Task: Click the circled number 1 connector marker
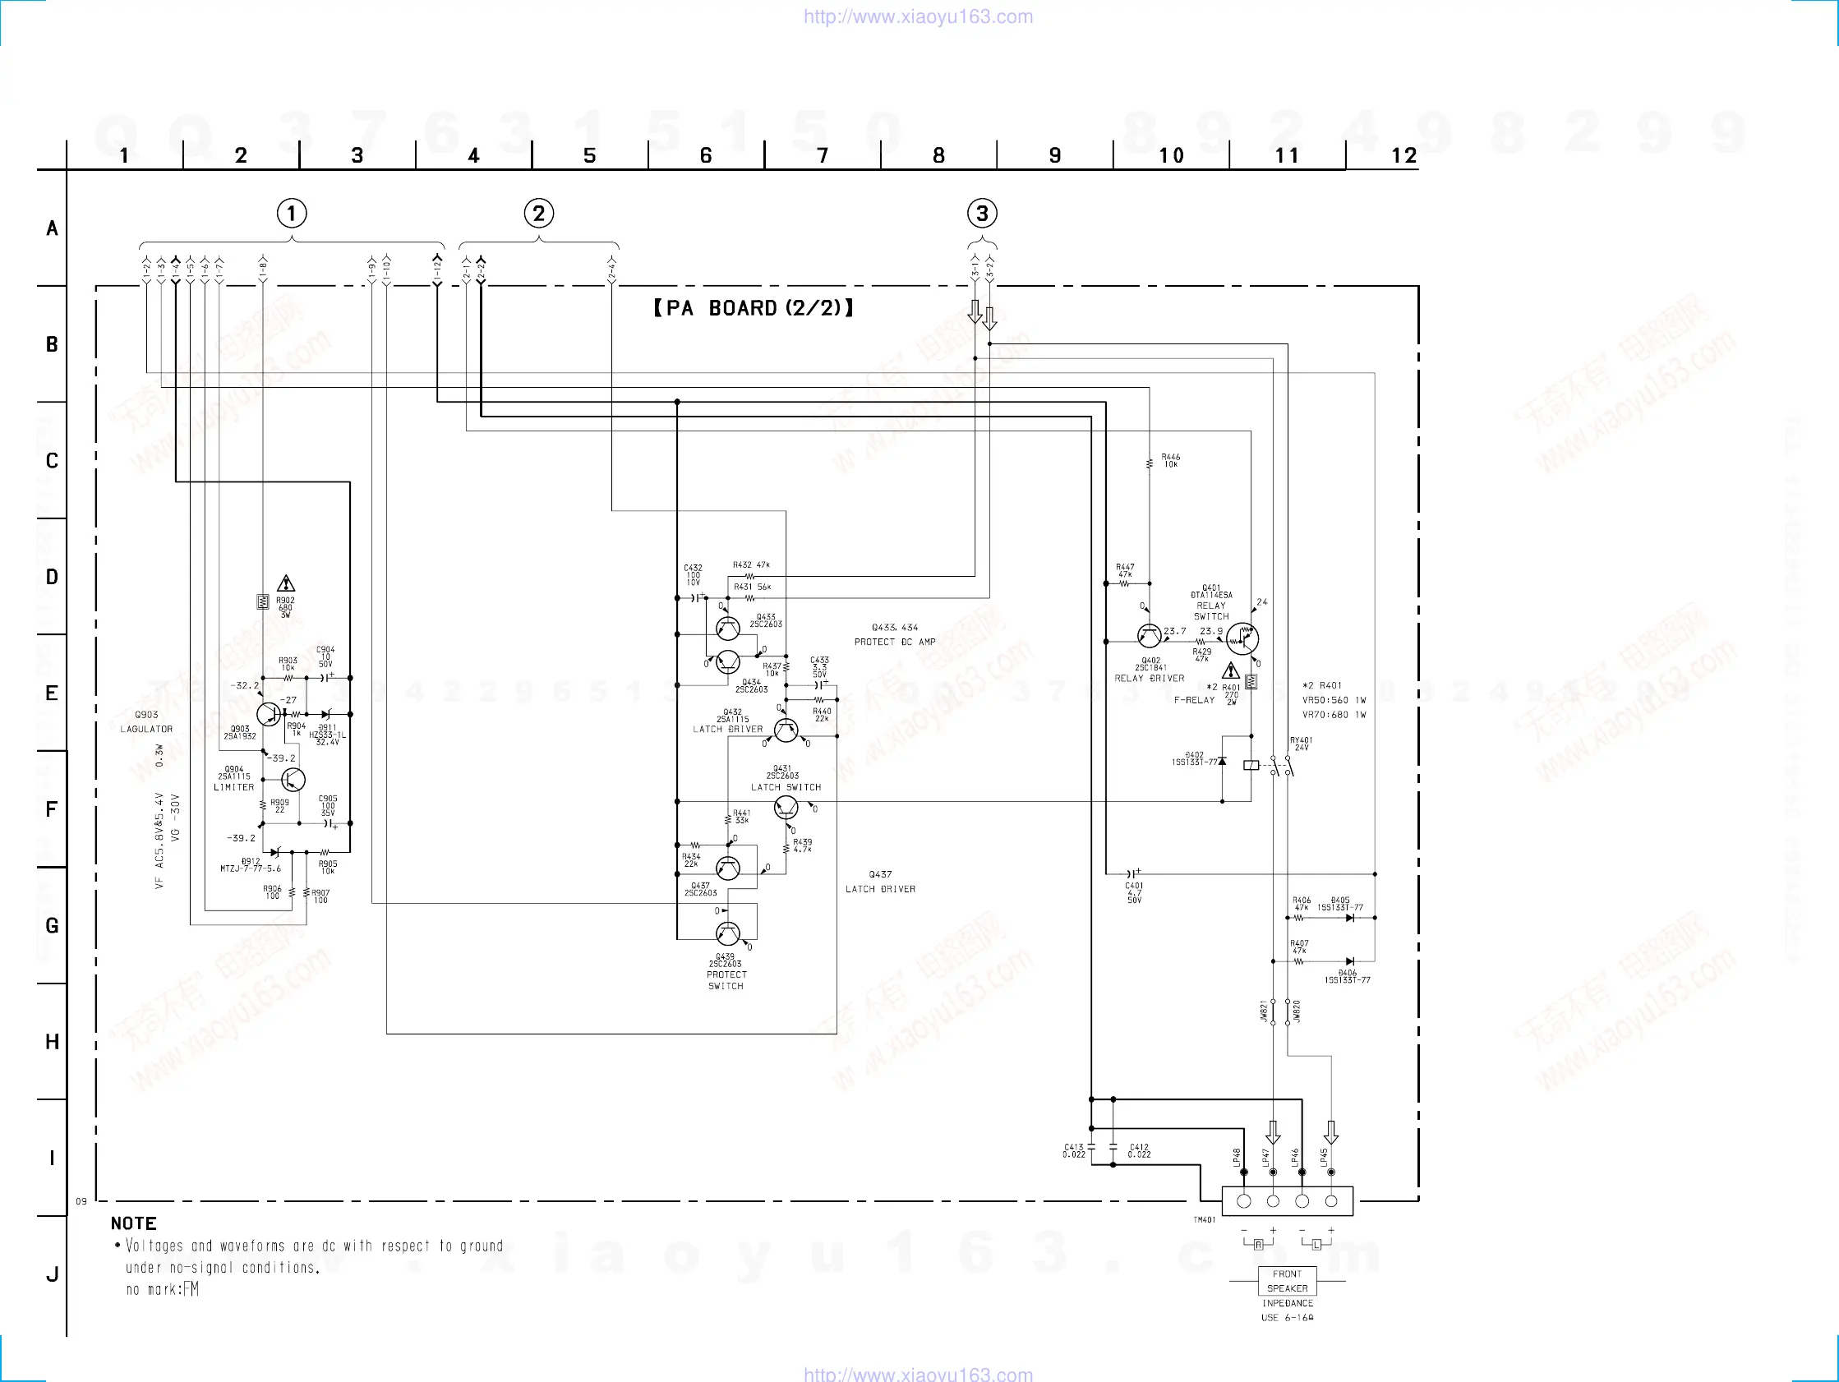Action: pos(291,214)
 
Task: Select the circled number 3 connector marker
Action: pos(982,214)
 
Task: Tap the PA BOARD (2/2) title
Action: pos(754,308)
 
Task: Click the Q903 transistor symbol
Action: pos(269,713)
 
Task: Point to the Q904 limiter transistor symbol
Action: pos(293,779)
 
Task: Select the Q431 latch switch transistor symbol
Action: pos(786,807)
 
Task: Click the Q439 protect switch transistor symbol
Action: pos(727,934)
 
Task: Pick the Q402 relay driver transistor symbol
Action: pos(1149,636)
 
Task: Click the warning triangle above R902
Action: pos(286,583)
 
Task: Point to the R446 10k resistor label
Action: pos(1171,461)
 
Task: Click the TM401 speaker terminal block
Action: pos(1287,1200)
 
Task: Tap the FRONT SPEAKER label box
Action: pos(1287,1281)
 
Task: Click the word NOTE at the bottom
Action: pos(134,1223)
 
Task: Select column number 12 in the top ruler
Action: pos(1403,155)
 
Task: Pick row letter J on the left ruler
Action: pos(52,1274)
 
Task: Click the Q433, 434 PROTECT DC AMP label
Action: pos(895,634)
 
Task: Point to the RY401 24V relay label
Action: pos(1301,744)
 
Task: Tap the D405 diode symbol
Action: pos(1350,918)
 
